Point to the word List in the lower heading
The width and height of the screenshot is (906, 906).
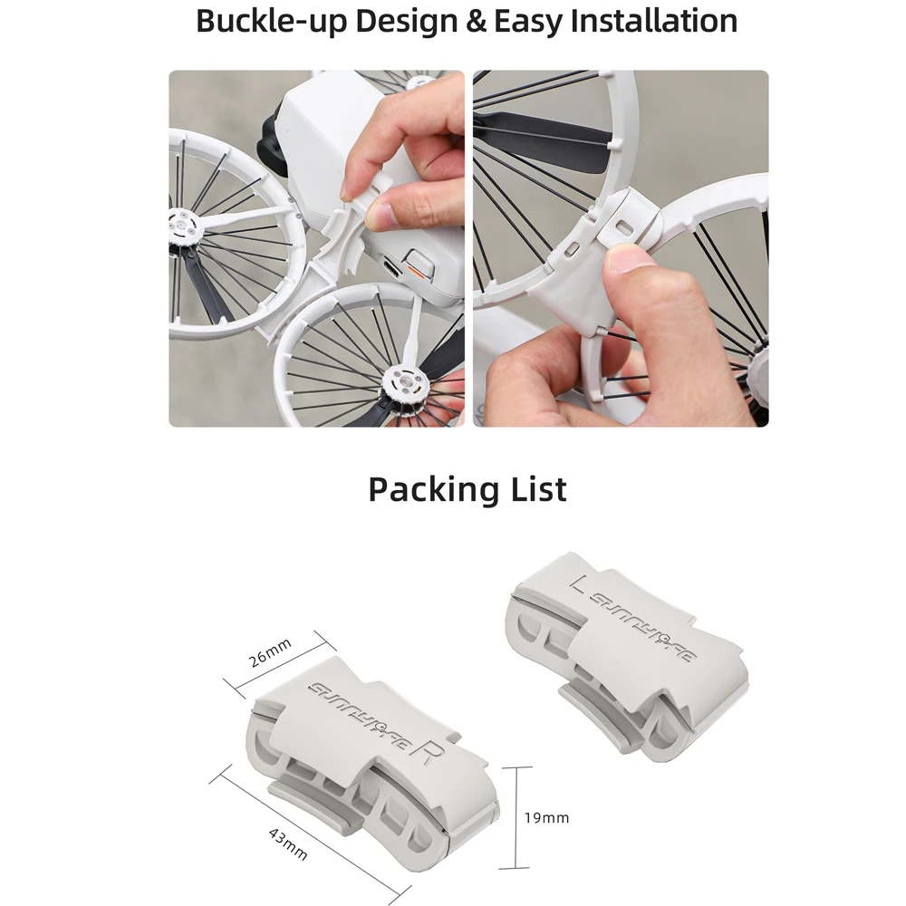click(533, 489)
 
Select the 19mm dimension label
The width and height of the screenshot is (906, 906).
click(546, 817)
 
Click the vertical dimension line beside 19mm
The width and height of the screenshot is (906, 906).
click(516, 817)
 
